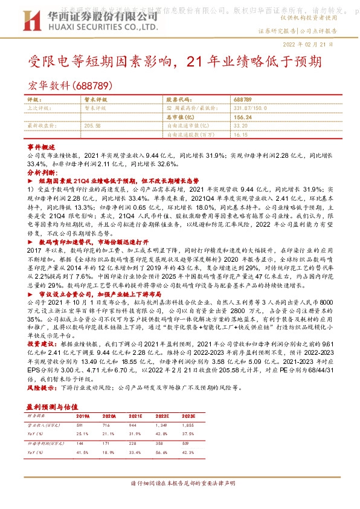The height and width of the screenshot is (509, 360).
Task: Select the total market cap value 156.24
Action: point(242,116)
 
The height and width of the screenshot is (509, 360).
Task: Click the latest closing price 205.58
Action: point(93,125)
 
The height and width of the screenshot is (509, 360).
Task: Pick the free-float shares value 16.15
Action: point(240,134)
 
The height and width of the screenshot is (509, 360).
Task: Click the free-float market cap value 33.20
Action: point(240,125)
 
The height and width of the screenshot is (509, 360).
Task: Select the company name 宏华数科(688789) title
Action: point(71,85)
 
